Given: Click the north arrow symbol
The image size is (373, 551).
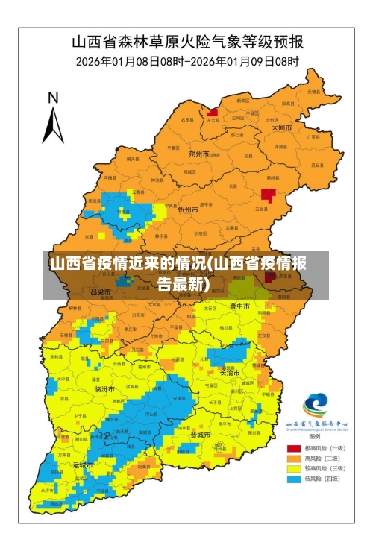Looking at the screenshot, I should point(52,124).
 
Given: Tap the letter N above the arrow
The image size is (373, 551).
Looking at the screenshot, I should point(53,98).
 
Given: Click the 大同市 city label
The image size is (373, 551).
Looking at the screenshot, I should point(281,127).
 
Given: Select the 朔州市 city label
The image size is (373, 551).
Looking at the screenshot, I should point(198,154).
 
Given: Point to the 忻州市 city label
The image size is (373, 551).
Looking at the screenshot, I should point(188,210).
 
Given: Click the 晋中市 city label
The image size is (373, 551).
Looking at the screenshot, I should point(239,306).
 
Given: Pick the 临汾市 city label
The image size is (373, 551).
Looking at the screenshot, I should point(104,389).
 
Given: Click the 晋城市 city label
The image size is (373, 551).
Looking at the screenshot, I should point(200,434).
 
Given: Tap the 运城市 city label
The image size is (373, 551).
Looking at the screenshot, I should point(84,465).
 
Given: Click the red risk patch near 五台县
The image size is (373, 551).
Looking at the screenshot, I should point(268,195).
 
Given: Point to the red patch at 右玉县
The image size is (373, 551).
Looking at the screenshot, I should point(213,113).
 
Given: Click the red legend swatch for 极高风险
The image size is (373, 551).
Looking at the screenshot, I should point(294,448).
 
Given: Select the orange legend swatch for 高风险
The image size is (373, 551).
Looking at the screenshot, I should point(294,458).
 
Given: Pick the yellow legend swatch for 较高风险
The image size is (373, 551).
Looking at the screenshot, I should point(294,468).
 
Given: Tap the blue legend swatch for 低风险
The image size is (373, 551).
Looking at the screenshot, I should point(294,479).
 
